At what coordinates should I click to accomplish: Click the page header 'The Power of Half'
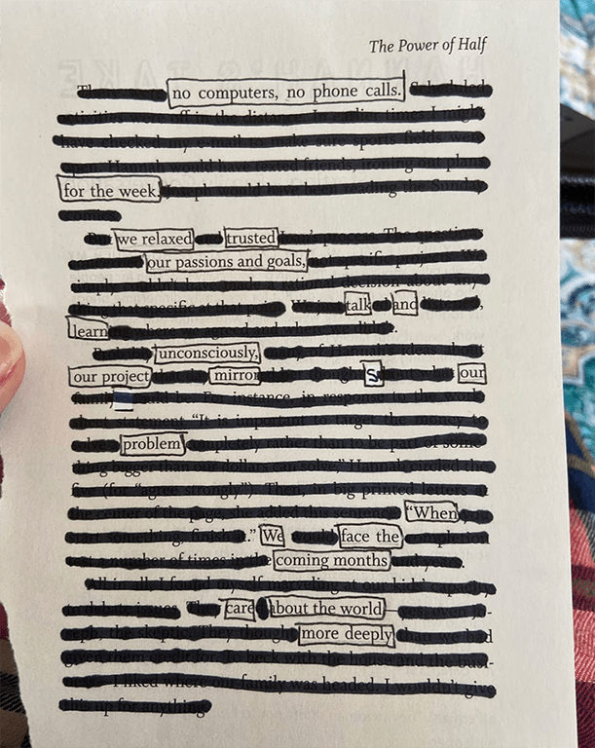pyautogui.click(x=428, y=46)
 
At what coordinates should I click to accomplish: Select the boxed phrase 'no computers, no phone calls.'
pyautogui.click(x=285, y=93)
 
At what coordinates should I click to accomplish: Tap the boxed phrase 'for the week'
pyautogui.click(x=108, y=191)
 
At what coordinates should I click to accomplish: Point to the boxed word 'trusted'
pyautogui.click(x=251, y=238)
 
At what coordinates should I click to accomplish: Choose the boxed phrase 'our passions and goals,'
pyautogui.click(x=226, y=262)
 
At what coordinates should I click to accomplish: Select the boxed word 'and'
pyautogui.click(x=405, y=304)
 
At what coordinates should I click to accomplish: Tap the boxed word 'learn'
pyautogui.click(x=88, y=330)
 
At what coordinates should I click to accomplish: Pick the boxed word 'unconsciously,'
pyautogui.click(x=207, y=353)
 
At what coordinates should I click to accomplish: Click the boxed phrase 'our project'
pyautogui.click(x=110, y=376)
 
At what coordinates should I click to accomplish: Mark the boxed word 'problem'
pyautogui.click(x=153, y=445)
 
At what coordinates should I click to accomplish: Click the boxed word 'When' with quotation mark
pyautogui.click(x=431, y=512)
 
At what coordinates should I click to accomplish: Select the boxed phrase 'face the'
pyautogui.click(x=369, y=536)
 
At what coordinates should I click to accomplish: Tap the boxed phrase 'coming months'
pyautogui.click(x=331, y=560)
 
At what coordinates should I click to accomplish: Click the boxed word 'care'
pyautogui.click(x=240, y=609)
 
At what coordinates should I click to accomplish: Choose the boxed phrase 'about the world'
pyautogui.click(x=326, y=609)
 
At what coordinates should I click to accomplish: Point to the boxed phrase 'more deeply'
pyautogui.click(x=347, y=635)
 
